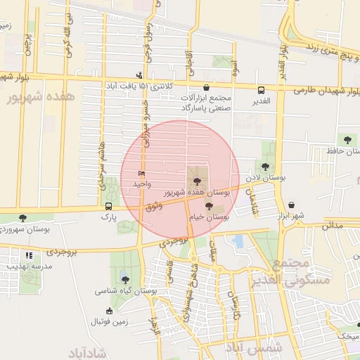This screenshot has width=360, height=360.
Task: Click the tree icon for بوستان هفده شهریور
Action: coord(196,182)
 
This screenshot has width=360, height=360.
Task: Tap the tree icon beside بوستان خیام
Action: coord(208,207)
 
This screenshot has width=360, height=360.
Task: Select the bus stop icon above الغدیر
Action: coord(262,90)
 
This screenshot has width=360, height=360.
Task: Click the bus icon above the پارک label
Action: coord(108,206)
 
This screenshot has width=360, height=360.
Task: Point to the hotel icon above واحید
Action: coord(141,173)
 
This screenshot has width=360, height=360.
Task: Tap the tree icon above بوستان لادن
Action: coord(266,167)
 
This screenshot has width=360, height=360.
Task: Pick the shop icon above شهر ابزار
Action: coord(291,204)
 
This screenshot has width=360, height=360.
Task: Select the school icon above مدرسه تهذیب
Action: coord(29,256)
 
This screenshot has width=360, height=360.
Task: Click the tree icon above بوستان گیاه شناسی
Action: coord(125,279)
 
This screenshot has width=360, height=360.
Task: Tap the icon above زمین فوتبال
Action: coord(109,310)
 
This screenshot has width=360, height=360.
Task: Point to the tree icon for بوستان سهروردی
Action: coord(23,218)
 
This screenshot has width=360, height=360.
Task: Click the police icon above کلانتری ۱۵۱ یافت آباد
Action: coord(140,75)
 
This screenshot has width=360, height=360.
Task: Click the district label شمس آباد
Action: coord(255,347)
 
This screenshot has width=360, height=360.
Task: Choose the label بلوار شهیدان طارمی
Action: coord(323,90)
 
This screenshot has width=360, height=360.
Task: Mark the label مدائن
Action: coord(333,226)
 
